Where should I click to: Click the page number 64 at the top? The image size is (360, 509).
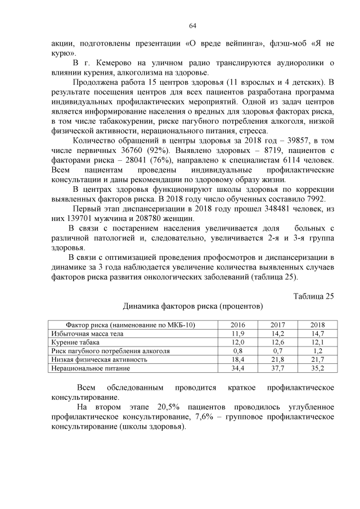click(192, 25)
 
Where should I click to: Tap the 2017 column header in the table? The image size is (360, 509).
click(277, 325)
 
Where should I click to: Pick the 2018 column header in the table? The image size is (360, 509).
click(318, 325)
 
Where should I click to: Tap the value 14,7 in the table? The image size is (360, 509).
click(318, 334)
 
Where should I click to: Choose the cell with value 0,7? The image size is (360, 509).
click(277, 350)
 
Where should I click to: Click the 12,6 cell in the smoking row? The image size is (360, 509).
click(277, 342)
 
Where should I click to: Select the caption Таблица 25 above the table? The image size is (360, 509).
click(314, 296)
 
